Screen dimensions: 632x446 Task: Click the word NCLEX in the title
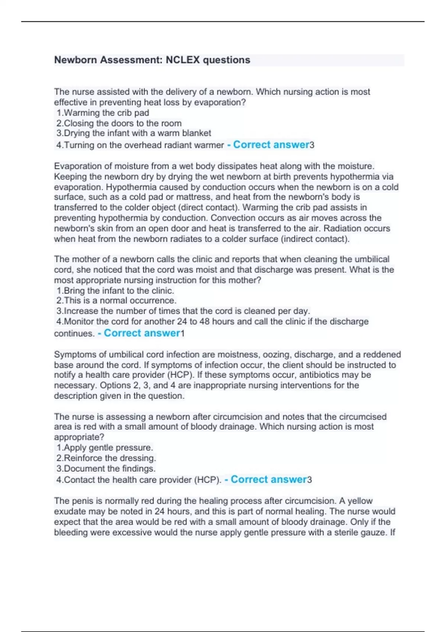[182, 60]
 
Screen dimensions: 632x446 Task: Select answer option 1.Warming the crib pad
[103, 113]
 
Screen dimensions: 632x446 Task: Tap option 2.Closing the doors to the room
[119, 123]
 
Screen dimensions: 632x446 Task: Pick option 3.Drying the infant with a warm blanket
[134, 133]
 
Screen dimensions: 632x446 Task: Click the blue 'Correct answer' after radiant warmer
[271, 145]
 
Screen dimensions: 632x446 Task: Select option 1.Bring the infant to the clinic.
[115, 290]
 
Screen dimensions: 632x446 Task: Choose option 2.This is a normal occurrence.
[116, 300]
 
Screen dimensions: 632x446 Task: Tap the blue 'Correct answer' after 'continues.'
[142, 333]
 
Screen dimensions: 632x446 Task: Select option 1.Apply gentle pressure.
[104, 448]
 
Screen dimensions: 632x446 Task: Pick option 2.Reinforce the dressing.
[106, 458]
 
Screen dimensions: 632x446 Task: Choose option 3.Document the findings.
[106, 468]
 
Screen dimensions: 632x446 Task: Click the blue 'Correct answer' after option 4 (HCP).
[269, 480]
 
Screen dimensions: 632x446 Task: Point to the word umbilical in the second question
[372, 259]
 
